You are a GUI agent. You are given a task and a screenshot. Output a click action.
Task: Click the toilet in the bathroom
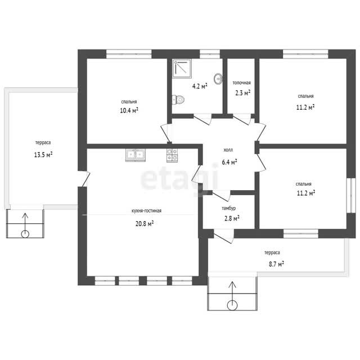click(178, 100)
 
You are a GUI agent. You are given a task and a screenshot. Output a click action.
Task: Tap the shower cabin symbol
click(182, 67)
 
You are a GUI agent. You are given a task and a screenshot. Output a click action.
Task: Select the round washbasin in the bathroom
click(218, 79)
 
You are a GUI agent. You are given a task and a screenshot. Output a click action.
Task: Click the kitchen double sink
click(135, 155)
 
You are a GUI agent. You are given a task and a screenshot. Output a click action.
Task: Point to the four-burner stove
click(172, 155)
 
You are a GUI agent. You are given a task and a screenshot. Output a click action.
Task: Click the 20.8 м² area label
click(145, 223)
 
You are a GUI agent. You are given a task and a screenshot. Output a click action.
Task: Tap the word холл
click(228, 150)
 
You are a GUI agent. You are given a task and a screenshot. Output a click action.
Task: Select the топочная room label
click(241, 83)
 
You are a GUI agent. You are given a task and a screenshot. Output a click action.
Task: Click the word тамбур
click(229, 208)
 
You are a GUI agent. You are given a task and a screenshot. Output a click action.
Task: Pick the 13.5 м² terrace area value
click(43, 155)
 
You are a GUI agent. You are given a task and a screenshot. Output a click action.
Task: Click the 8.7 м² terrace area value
click(276, 264)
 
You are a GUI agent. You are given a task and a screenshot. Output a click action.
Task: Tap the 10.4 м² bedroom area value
click(129, 110)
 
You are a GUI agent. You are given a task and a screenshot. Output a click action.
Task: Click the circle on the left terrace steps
click(25, 234)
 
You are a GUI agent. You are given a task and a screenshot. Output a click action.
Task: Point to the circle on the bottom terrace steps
click(232, 305)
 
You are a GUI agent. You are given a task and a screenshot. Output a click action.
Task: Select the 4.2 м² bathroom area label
click(200, 86)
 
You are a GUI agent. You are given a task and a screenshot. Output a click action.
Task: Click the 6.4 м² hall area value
click(229, 162)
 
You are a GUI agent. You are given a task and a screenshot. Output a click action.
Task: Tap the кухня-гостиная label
click(146, 210)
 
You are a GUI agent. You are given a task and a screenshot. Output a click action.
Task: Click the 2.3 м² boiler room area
click(242, 93)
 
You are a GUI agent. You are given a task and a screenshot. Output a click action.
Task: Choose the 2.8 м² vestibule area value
click(232, 218)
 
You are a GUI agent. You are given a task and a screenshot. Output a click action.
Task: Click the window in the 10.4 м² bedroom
click(129, 54)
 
